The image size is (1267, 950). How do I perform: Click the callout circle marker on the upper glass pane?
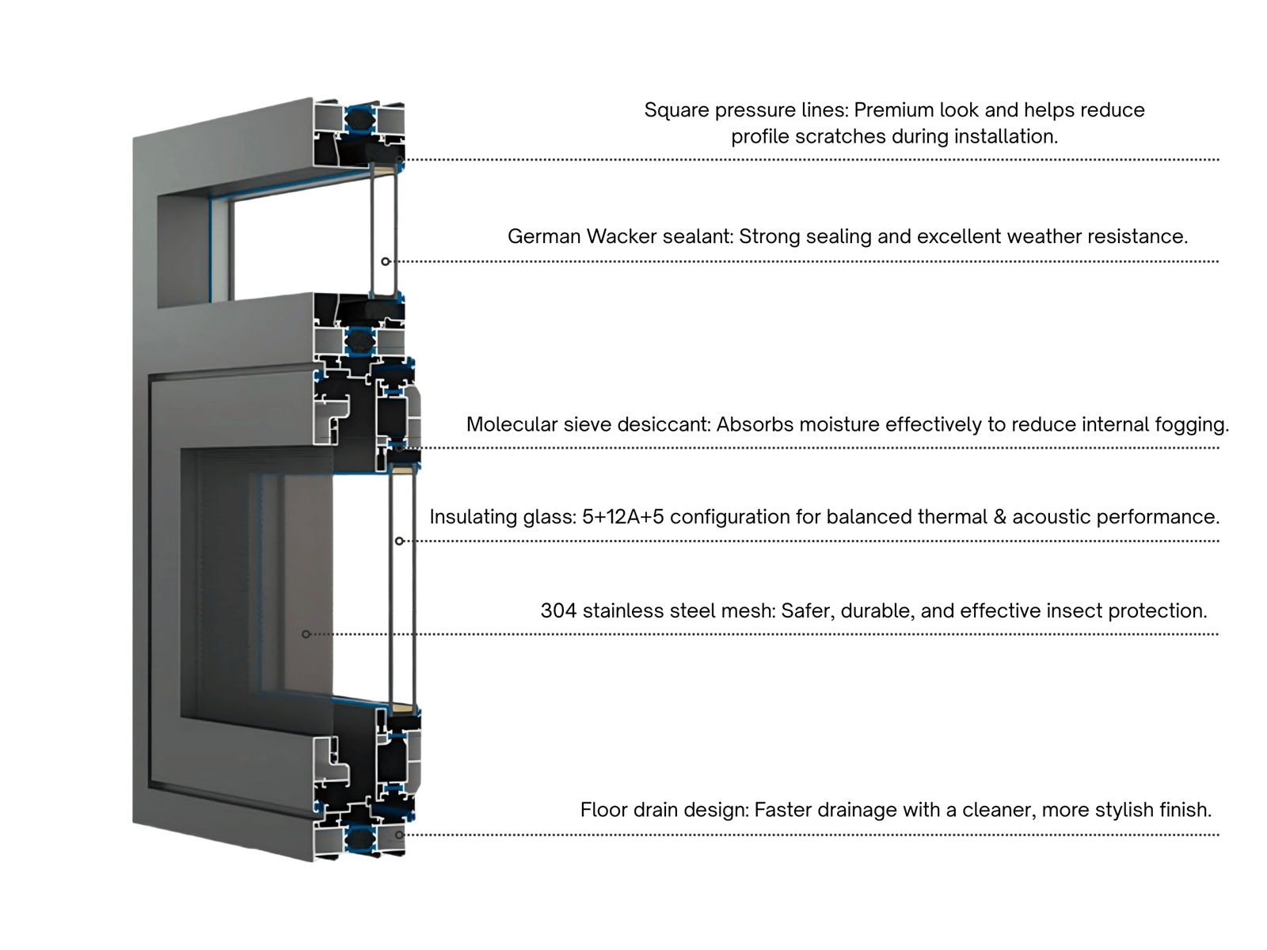pyautogui.click(x=385, y=261)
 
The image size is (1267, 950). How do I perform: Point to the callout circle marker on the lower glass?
pyautogui.click(x=399, y=541)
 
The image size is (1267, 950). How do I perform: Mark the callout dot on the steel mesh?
pyautogui.click(x=306, y=634)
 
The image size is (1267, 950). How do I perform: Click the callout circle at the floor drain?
pyautogui.click(x=399, y=834)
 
